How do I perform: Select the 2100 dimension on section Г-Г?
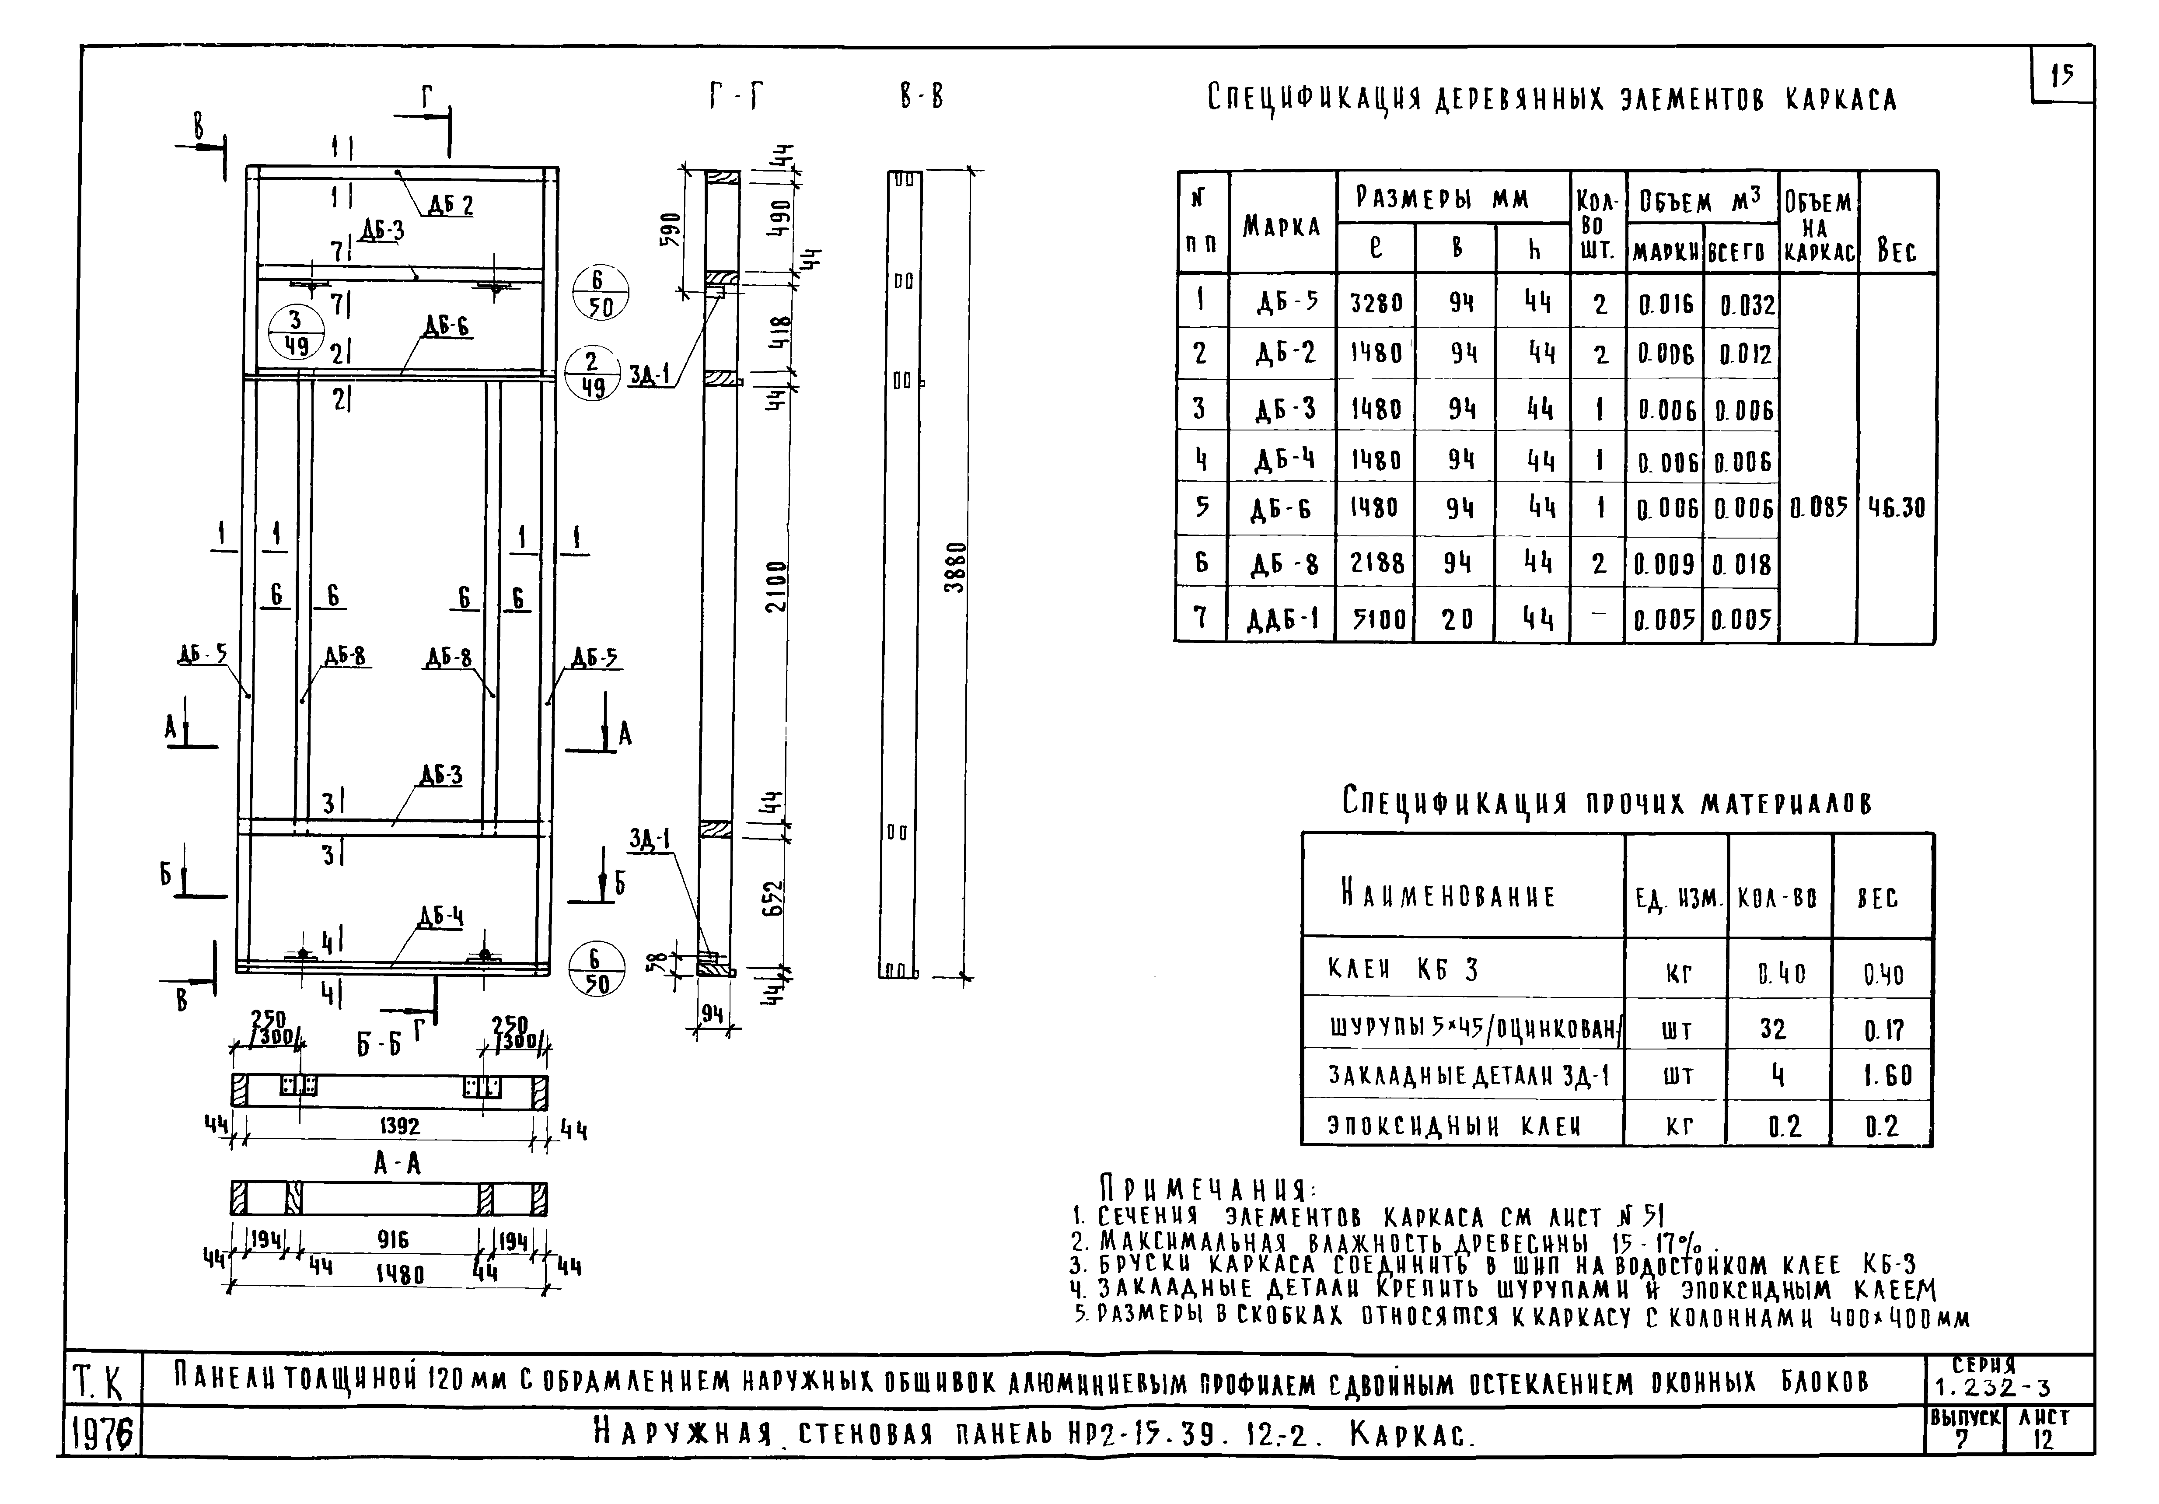click(775, 586)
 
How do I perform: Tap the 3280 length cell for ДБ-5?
click(1376, 303)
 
